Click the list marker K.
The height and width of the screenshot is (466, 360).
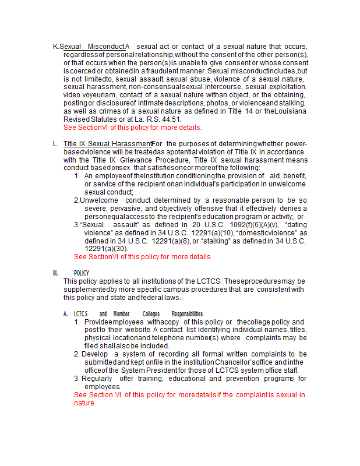(x=56, y=47)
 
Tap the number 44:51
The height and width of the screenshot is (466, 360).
(x=164, y=119)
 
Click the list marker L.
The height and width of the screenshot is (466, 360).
(x=55, y=143)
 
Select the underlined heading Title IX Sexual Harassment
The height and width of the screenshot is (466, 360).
(x=107, y=143)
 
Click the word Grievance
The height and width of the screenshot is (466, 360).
(x=131, y=160)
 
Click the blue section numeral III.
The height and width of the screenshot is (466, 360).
(x=55, y=273)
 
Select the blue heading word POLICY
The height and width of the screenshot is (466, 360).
(x=82, y=273)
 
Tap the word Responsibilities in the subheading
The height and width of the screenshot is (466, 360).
(x=187, y=313)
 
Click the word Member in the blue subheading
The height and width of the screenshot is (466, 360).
(x=122, y=313)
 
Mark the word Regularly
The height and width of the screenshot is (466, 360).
(x=97, y=378)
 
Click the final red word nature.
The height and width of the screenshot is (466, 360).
(x=84, y=403)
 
